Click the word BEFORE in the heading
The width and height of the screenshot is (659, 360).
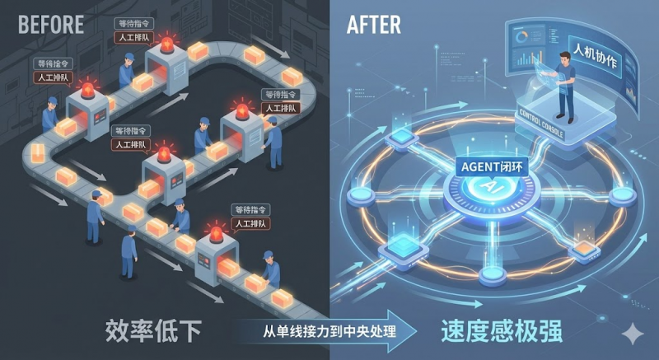click(x=50, y=24)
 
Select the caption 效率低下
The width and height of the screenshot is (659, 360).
click(x=154, y=331)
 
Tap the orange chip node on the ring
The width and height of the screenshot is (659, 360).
click(x=586, y=246)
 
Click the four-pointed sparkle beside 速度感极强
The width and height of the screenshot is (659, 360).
click(x=633, y=334)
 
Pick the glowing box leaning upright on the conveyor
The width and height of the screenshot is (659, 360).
click(x=37, y=153)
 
